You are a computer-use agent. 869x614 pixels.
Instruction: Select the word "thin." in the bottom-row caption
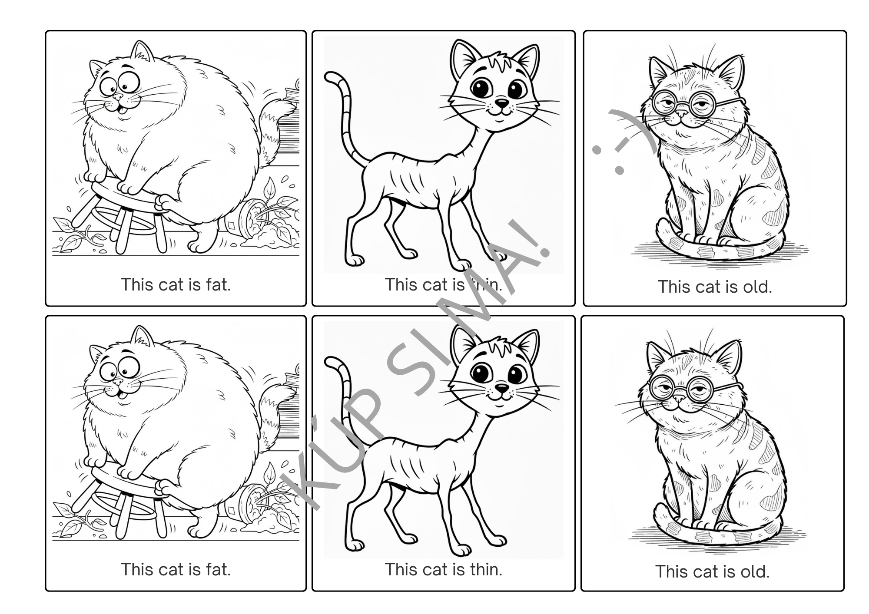tap(484, 569)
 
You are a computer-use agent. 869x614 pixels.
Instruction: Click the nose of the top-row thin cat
tap(502, 103)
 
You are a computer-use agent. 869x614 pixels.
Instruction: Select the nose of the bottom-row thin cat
tap(502, 388)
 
